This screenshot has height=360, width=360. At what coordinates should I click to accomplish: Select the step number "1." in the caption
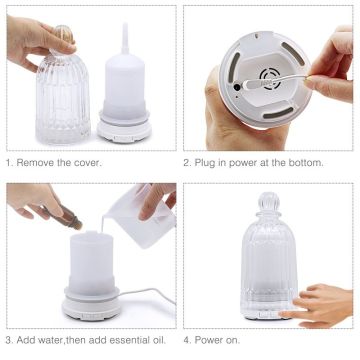(9, 162)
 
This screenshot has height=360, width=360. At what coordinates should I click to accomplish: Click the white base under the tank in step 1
(126, 129)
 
